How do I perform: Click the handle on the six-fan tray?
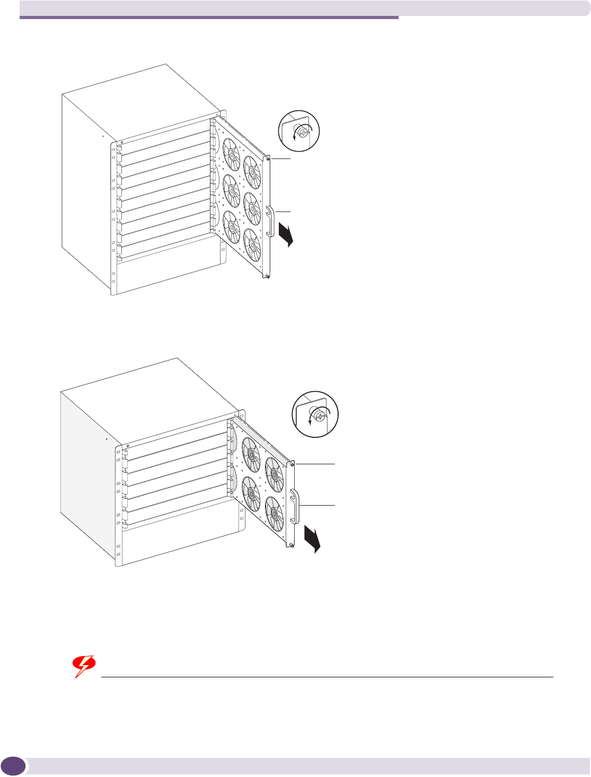tap(270, 222)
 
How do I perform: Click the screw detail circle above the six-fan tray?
tap(299, 130)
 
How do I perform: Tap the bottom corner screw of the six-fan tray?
tap(268, 276)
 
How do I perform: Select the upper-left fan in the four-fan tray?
tap(251, 454)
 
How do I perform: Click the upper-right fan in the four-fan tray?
tap(275, 473)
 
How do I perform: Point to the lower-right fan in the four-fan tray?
tap(275, 513)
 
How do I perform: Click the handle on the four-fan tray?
tap(295, 506)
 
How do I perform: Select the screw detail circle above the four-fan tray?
tap(315, 414)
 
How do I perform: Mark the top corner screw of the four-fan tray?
tap(292, 464)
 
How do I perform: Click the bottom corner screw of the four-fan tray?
tap(291, 544)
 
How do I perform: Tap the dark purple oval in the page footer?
tap(14, 766)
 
